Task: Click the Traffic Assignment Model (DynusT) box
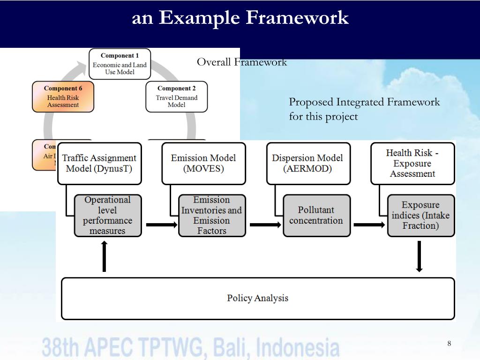point(99,164)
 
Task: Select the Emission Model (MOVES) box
point(203,164)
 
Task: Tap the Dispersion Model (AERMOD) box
point(308,164)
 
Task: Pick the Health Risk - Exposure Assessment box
point(412,164)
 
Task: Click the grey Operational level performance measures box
point(108,216)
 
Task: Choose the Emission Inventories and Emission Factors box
point(212,216)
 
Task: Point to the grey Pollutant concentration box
point(316,216)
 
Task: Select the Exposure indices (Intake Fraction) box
point(420,216)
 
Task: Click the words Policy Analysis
point(257,298)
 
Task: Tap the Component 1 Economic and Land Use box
point(120,64)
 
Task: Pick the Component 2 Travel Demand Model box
point(176,97)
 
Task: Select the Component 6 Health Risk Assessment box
point(63,97)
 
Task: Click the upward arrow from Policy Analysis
point(104,256)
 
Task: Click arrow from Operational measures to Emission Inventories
point(161,225)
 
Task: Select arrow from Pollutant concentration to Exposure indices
point(369,225)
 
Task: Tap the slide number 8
point(449,344)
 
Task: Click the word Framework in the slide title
point(297,18)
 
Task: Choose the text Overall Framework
point(241,62)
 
